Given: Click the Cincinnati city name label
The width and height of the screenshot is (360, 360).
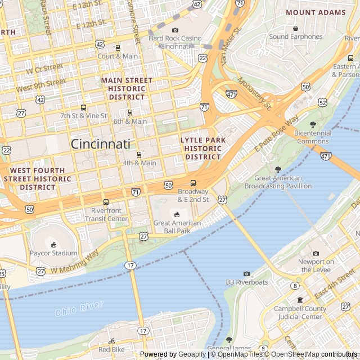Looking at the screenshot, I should coord(100,144).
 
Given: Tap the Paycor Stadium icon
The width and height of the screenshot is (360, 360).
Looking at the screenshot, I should coord(53,244).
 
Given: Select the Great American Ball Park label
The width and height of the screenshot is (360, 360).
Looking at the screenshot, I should coord(177,227).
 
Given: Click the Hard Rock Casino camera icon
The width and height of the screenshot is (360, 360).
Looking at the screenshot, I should coord(175,30).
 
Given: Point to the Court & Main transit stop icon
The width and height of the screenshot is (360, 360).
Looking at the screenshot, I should coord(118,48).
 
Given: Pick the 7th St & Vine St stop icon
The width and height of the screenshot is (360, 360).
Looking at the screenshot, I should coord(83,107).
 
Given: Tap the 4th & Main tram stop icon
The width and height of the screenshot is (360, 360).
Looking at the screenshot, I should coord(139,155).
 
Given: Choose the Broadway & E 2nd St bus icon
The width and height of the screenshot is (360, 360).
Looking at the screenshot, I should coord(193,183).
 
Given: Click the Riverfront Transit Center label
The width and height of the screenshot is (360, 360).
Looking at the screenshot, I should coord(106,215).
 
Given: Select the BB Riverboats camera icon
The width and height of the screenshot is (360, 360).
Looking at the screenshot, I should coord(246,273).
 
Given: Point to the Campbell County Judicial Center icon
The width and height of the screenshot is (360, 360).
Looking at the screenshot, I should coord(300,300).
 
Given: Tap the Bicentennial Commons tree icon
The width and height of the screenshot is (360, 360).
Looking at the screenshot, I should coord(313,124).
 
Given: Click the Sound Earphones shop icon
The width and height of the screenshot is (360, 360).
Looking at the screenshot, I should coord(295,28).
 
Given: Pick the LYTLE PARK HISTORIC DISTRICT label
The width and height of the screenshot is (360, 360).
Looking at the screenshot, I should coord(203,148).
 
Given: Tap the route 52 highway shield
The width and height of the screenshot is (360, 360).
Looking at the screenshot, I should coord(322,102).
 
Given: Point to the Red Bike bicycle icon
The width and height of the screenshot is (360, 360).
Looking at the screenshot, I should coord(111,341).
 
